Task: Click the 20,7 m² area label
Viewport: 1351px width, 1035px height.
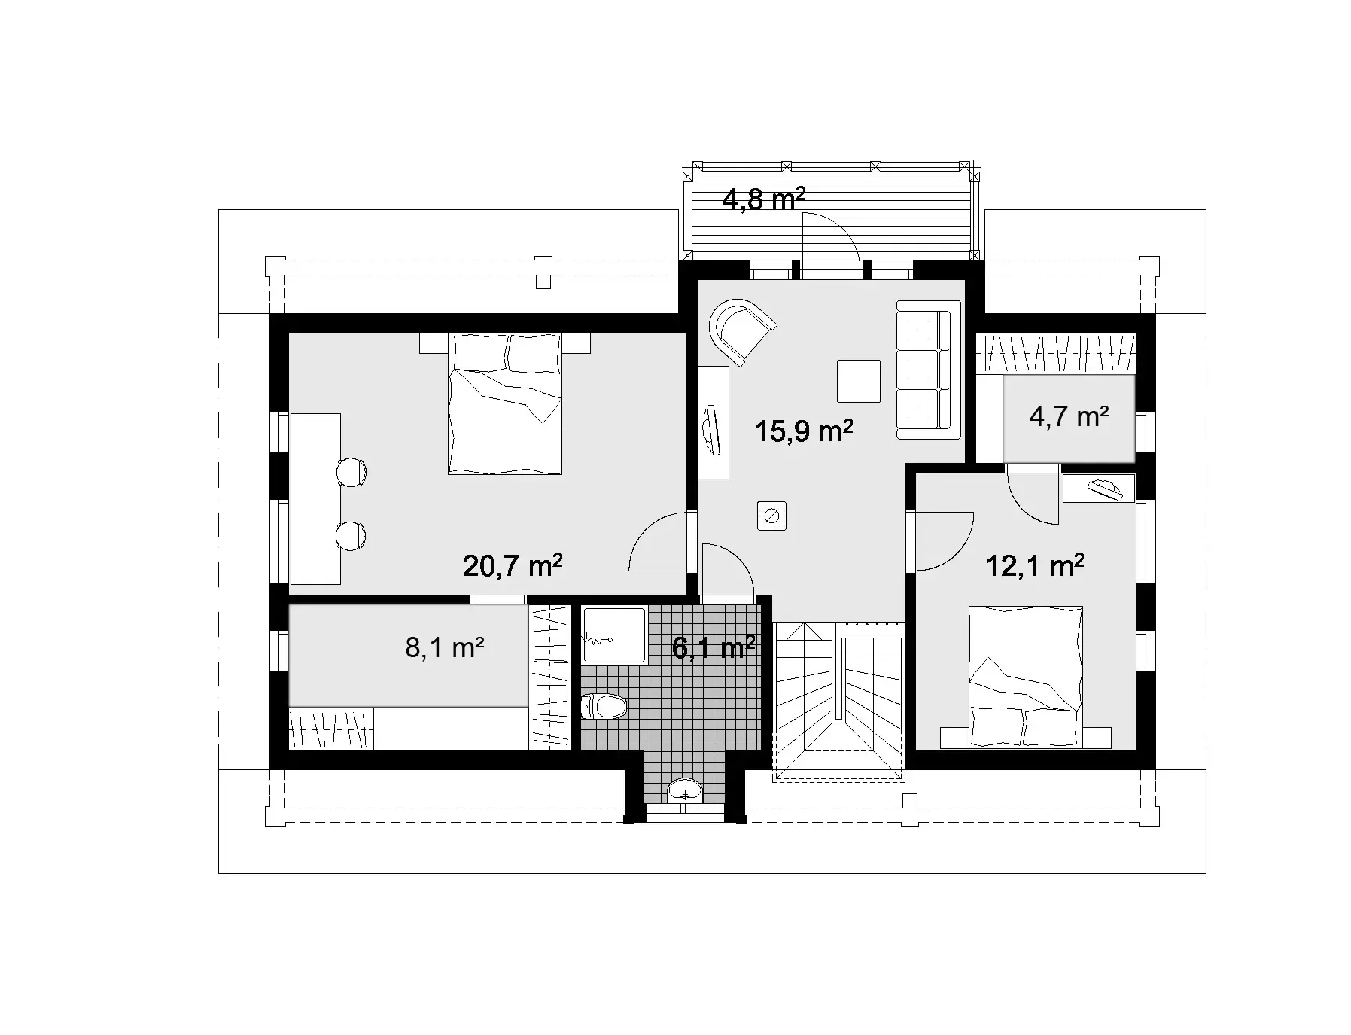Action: click(x=513, y=565)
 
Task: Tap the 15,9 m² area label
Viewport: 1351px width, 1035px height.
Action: click(x=803, y=431)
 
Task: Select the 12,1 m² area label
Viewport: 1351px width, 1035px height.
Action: click(x=1035, y=565)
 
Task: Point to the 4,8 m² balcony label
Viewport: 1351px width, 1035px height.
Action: click(x=763, y=199)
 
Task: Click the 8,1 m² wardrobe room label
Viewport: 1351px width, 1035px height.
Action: click(x=444, y=647)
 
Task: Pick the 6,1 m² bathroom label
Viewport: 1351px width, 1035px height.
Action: click(x=713, y=647)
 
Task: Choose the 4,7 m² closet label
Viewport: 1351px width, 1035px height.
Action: click(x=1069, y=416)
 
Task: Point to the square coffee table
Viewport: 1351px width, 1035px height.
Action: click(x=858, y=381)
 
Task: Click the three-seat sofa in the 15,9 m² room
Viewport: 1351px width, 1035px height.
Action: click(x=928, y=369)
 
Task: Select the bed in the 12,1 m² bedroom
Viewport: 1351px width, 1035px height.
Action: click(x=1025, y=677)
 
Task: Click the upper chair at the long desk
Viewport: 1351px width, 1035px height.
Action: click(x=351, y=472)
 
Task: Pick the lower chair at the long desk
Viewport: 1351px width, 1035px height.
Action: click(x=351, y=536)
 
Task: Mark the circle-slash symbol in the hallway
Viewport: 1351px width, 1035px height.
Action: click(x=771, y=516)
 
